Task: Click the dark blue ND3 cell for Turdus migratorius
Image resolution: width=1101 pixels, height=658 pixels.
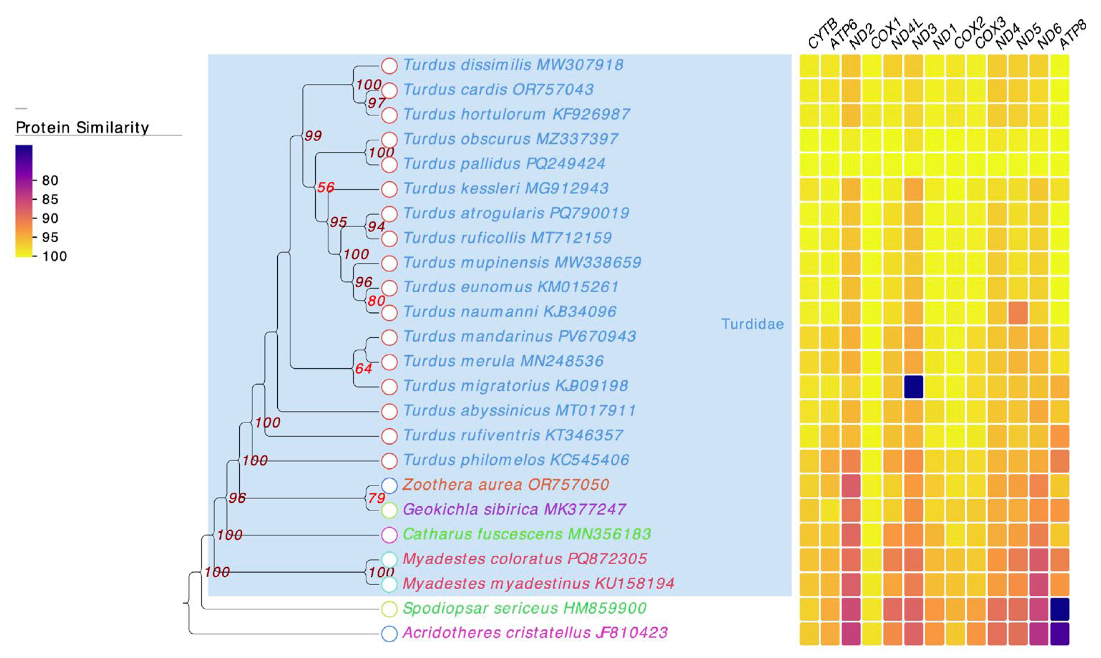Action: coord(914,387)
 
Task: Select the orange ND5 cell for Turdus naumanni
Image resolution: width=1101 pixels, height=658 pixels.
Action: coord(1018,313)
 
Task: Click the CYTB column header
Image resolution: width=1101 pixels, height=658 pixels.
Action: coord(821,35)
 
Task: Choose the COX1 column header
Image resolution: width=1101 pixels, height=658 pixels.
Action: coord(885,35)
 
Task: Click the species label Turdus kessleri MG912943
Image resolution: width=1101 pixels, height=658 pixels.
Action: coord(506,189)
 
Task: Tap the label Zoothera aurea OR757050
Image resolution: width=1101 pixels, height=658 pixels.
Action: coord(506,484)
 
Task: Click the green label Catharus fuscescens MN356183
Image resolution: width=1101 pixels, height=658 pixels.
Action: coord(527,534)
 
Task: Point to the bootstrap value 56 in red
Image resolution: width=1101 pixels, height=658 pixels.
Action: coord(326,187)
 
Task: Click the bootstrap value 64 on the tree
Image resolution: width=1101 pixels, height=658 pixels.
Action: coord(363,369)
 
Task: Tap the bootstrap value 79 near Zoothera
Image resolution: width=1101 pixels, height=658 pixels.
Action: coord(376,498)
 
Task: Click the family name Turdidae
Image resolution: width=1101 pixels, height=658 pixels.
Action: coord(752,324)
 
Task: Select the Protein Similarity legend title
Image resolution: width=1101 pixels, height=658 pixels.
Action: coord(82,128)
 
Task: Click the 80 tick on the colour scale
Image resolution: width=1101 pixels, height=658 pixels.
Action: coord(50,180)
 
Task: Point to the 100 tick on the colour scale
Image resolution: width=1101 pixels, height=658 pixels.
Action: coord(54,256)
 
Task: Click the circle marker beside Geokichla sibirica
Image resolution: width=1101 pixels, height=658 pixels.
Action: coord(389,510)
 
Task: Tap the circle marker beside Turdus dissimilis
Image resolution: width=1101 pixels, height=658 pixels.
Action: coord(389,65)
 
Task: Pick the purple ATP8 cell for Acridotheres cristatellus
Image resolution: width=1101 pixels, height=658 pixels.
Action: coord(1060,634)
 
